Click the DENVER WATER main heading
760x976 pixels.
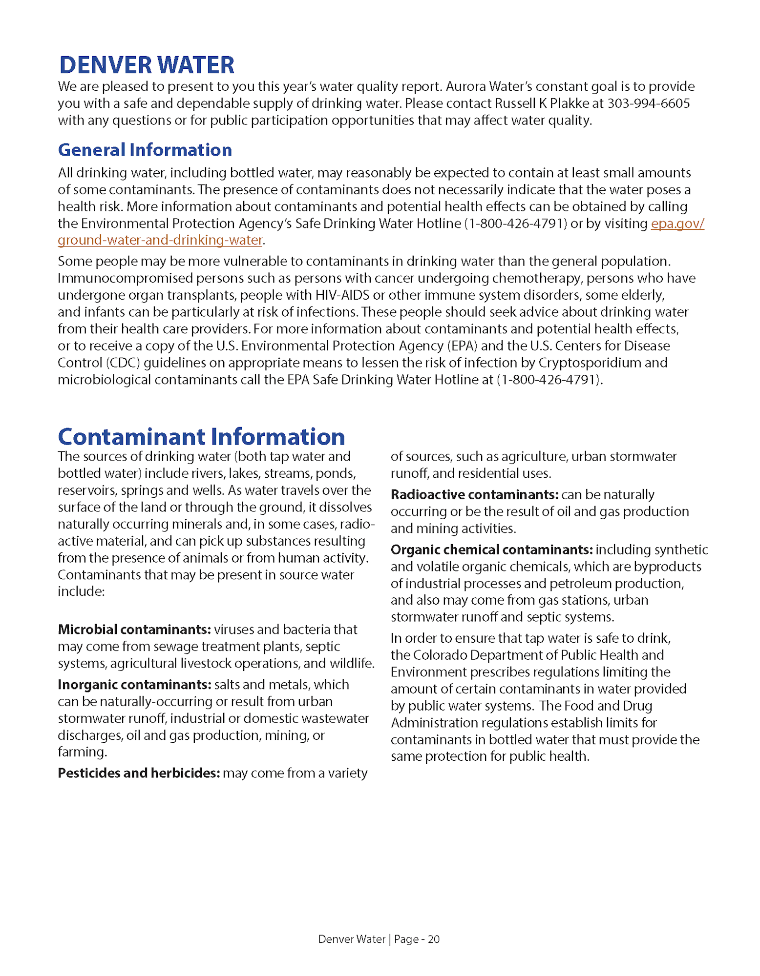[147, 65]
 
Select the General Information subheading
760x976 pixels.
[145, 150]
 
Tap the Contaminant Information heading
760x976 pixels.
[201, 436]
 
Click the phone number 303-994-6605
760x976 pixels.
[648, 103]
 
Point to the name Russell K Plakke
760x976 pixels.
[542, 103]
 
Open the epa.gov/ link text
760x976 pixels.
[677, 224]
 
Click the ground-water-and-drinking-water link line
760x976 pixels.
[160, 240]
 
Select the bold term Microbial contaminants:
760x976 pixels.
[134, 630]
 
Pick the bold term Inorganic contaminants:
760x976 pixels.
[134, 685]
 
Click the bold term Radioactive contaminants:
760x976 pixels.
[474, 495]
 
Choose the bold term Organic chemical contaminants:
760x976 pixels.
[491, 550]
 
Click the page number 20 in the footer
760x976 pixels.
[434, 939]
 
